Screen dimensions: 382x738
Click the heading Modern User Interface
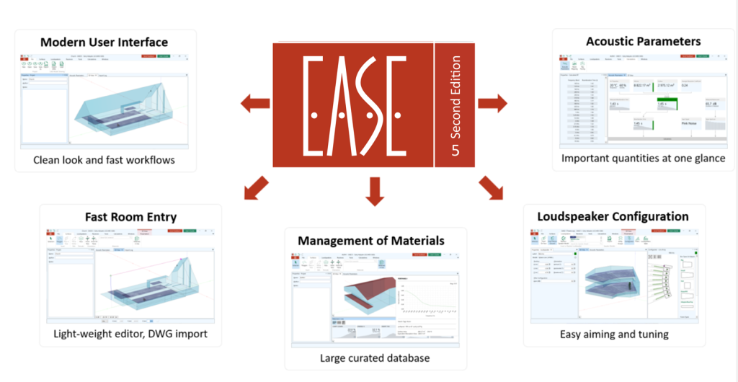[104, 42]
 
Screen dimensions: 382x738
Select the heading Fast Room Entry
[130, 216]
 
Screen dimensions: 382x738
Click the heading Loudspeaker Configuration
[613, 216]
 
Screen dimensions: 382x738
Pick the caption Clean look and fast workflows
[104, 159]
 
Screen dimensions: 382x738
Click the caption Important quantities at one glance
[643, 158]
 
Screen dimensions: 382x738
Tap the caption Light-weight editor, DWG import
[130, 334]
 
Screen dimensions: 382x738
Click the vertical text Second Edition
[455, 101]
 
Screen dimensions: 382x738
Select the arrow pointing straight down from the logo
[374, 191]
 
